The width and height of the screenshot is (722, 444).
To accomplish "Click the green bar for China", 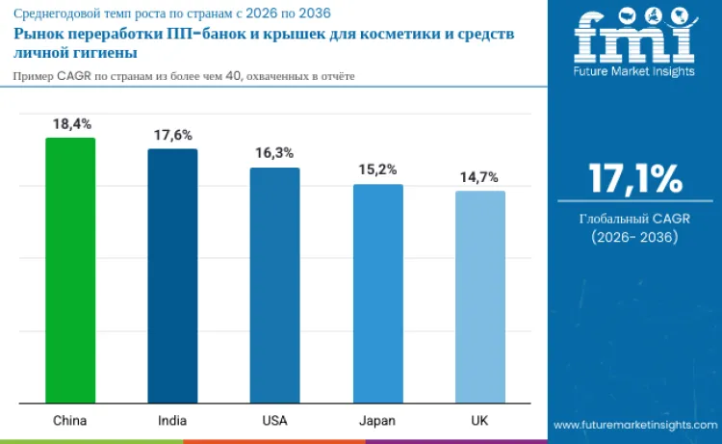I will point(70,271).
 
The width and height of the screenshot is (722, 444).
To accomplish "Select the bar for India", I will point(172,276).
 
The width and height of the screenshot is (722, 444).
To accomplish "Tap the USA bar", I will point(274,285).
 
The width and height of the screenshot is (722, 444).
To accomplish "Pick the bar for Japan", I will point(377,294).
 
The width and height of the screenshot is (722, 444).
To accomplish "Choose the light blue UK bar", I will point(479,297).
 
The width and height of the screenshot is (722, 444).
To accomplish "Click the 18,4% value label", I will point(70,124).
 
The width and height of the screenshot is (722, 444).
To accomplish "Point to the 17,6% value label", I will point(172,136).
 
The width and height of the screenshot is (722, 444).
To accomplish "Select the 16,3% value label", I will point(274,153).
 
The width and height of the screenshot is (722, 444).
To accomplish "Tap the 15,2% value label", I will point(377,170).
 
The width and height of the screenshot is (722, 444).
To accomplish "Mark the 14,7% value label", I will point(479,176).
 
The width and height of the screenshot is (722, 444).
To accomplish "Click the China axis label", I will point(70,421).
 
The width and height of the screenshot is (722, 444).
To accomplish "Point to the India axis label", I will point(172,421).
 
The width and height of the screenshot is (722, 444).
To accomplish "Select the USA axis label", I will point(274,421).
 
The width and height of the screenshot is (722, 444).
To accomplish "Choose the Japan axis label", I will point(377,421).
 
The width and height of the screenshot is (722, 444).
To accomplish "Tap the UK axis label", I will point(479,421).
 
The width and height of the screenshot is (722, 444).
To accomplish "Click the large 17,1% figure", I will point(635,179).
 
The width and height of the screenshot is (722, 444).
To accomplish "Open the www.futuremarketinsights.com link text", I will point(635,425).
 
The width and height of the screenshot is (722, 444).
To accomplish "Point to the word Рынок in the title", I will point(39,35).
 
